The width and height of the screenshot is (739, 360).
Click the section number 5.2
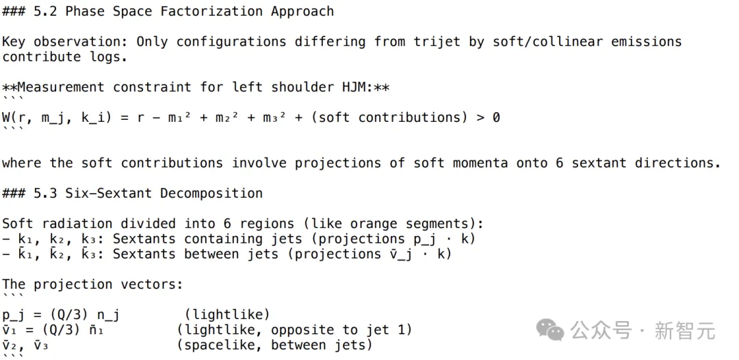[45, 12]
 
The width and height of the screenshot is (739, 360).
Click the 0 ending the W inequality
[496, 117]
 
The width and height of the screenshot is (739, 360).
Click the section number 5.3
[45, 193]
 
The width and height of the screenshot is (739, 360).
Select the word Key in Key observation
[14, 42]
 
